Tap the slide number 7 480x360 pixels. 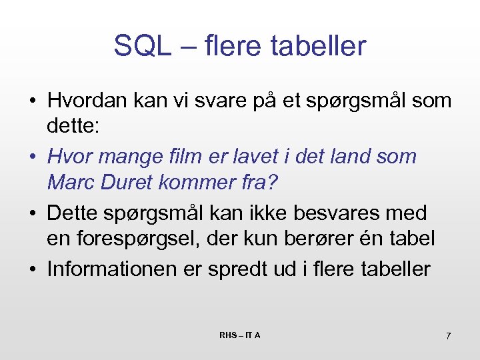click(448, 335)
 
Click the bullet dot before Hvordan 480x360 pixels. click(32, 102)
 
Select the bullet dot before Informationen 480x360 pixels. click(32, 269)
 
